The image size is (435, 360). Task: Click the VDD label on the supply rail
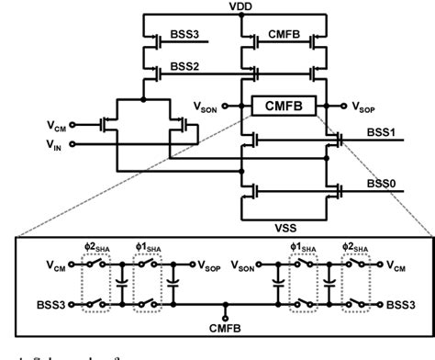tap(242, 6)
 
